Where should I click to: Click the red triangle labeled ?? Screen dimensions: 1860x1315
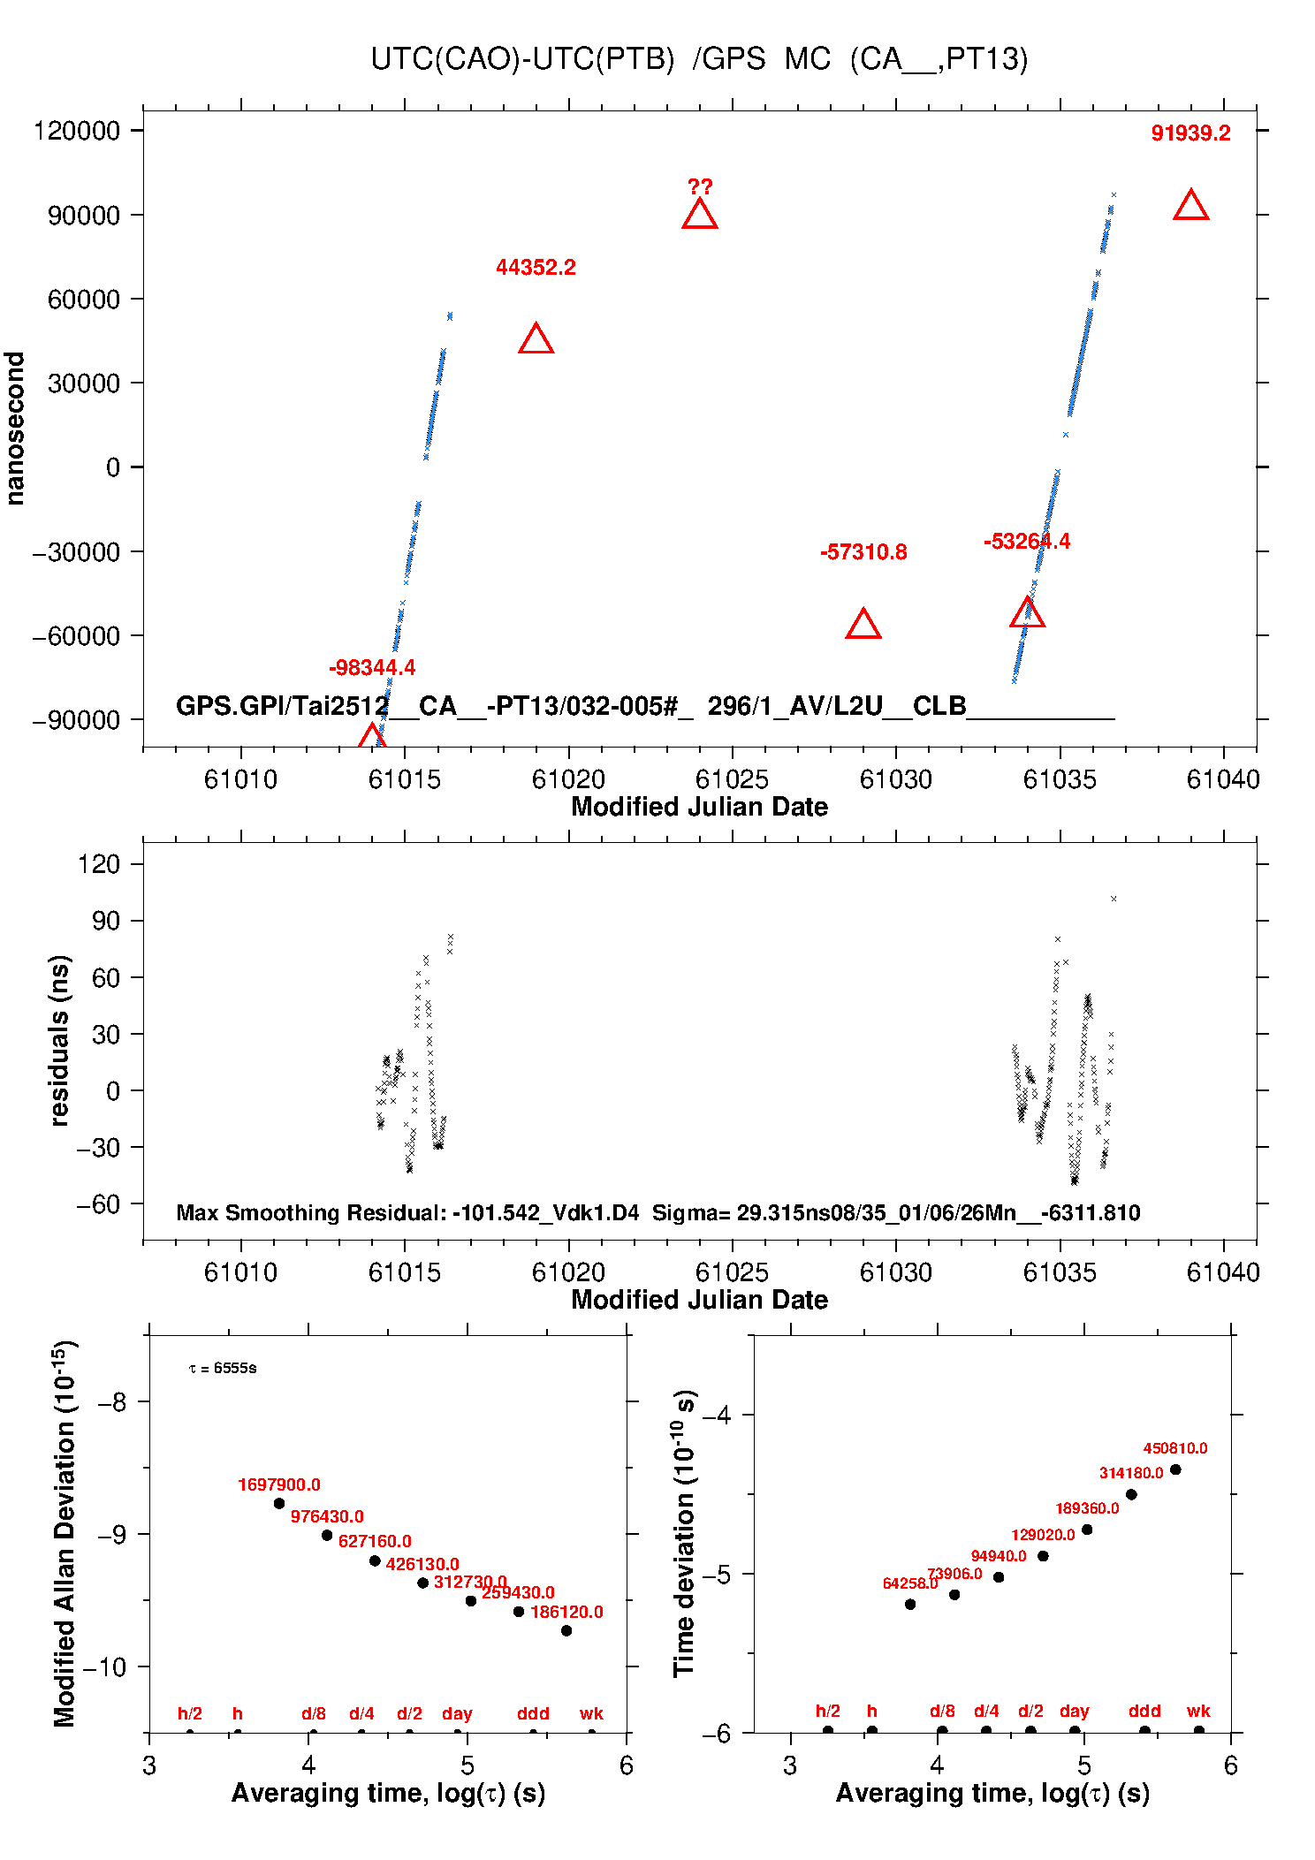pyautogui.click(x=699, y=215)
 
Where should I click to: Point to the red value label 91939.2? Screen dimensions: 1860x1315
pyautogui.click(x=1190, y=133)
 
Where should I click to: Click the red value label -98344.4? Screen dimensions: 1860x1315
pyautogui.click(x=371, y=668)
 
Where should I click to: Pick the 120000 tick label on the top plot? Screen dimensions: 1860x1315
pyautogui.click(x=76, y=131)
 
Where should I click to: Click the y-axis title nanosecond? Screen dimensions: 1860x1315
pyautogui.click(x=15, y=429)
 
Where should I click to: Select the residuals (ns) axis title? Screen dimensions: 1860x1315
pyautogui.click(x=59, y=1040)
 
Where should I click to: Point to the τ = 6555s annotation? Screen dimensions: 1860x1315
pyautogui.click(x=223, y=1369)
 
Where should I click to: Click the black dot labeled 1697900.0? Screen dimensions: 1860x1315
pyautogui.click(x=279, y=1503)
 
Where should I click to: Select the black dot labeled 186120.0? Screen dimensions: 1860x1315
pyautogui.click(x=566, y=1630)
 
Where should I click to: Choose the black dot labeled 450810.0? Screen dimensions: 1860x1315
pyautogui.click(x=1175, y=1469)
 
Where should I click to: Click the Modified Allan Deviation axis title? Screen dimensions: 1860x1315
pyautogui.click(x=64, y=1533)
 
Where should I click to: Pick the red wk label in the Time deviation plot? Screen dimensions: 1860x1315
pyautogui.click(x=1198, y=1712)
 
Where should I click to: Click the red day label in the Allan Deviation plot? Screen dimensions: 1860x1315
pyautogui.click(x=457, y=1713)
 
